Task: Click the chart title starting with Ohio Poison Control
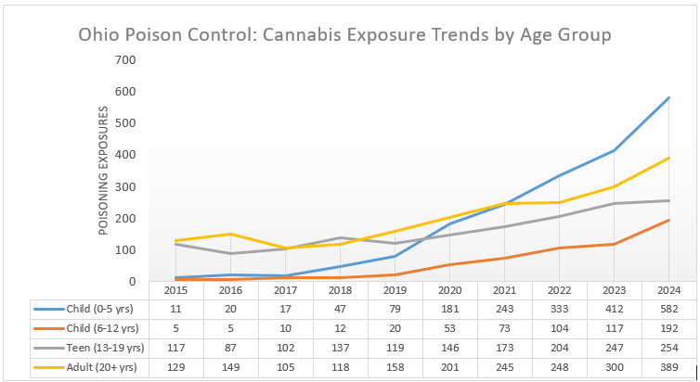click(x=344, y=36)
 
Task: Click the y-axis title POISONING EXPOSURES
click(x=103, y=170)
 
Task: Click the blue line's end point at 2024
click(x=668, y=97)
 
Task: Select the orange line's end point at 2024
click(x=668, y=221)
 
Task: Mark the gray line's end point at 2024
click(x=668, y=200)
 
